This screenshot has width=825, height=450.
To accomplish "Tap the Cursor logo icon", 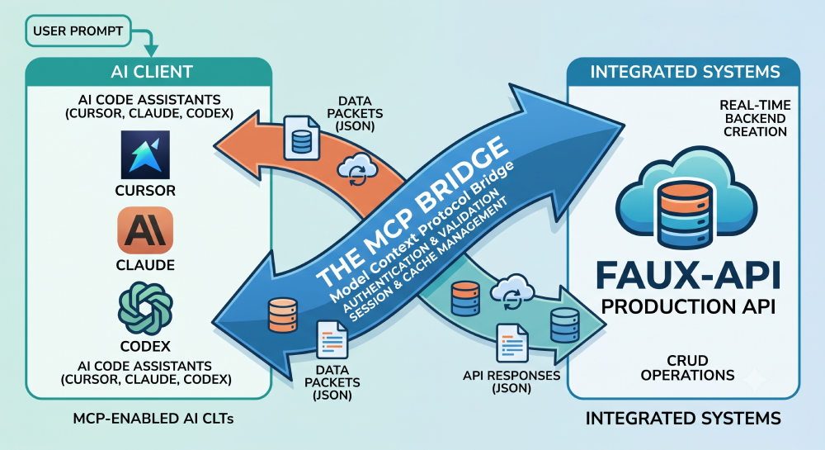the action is [x=145, y=155].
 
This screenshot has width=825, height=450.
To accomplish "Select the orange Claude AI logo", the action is [x=145, y=230].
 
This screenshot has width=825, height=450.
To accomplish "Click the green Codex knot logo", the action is [x=145, y=309].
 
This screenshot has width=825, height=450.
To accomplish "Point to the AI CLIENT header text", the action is [x=152, y=72].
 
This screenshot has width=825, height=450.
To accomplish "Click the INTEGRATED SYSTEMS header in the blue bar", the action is [x=685, y=72].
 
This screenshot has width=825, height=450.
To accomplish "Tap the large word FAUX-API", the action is [x=689, y=275].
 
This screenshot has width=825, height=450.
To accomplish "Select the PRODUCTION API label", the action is [x=688, y=306].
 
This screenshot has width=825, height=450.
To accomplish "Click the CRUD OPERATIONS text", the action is [x=688, y=368].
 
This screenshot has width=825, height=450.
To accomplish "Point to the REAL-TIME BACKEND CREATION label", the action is [x=755, y=118].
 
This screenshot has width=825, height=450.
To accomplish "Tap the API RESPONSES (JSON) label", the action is [x=511, y=382].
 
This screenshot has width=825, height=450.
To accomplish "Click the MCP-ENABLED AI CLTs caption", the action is [x=153, y=419].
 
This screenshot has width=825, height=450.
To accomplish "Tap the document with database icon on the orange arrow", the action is [x=301, y=138].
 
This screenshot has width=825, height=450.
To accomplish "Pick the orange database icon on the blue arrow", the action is [x=283, y=315].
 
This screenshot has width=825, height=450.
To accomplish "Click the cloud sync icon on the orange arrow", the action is [x=357, y=169].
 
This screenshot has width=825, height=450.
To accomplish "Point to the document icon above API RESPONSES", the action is [x=512, y=343].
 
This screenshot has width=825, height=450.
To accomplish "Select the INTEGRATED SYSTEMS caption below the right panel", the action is [x=683, y=419].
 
